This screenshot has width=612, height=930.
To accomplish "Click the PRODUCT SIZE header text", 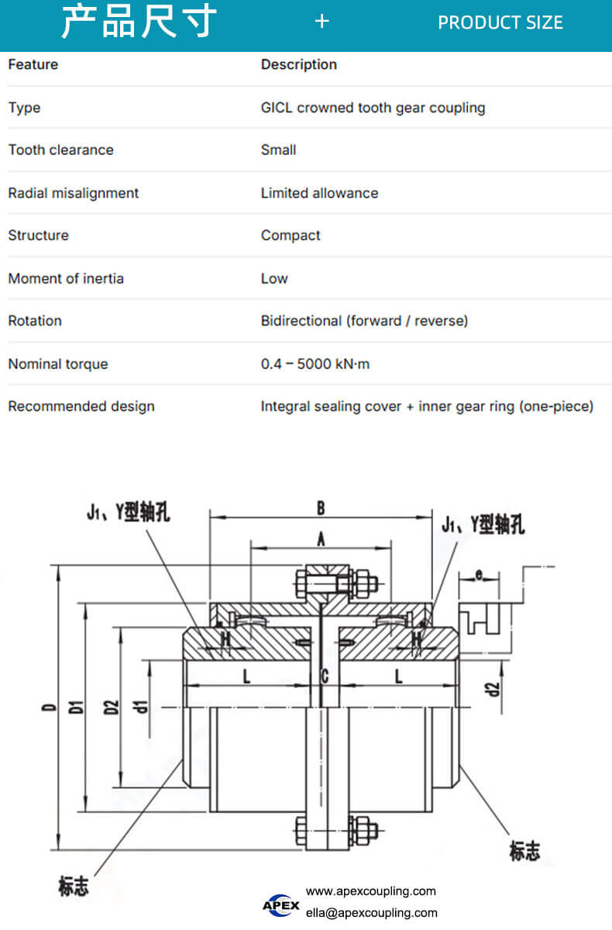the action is click(x=500, y=22).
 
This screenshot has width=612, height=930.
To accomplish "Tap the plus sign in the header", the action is click(x=322, y=22).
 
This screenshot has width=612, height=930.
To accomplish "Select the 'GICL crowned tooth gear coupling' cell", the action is click(x=373, y=108).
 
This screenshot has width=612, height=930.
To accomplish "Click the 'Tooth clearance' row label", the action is click(x=61, y=150).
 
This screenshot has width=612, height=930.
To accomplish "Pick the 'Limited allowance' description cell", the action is click(x=319, y=193).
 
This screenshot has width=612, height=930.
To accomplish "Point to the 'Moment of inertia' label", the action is click(x=66, y=278).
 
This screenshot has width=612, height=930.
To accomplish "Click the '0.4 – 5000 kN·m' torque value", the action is click(x=315, y=364).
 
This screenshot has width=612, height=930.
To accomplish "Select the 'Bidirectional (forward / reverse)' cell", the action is click(x=364, y=321).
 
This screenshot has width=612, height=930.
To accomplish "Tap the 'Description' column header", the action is click(x=299, y=65).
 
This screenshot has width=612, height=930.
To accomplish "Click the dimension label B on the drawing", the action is click(x=321, y=508).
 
